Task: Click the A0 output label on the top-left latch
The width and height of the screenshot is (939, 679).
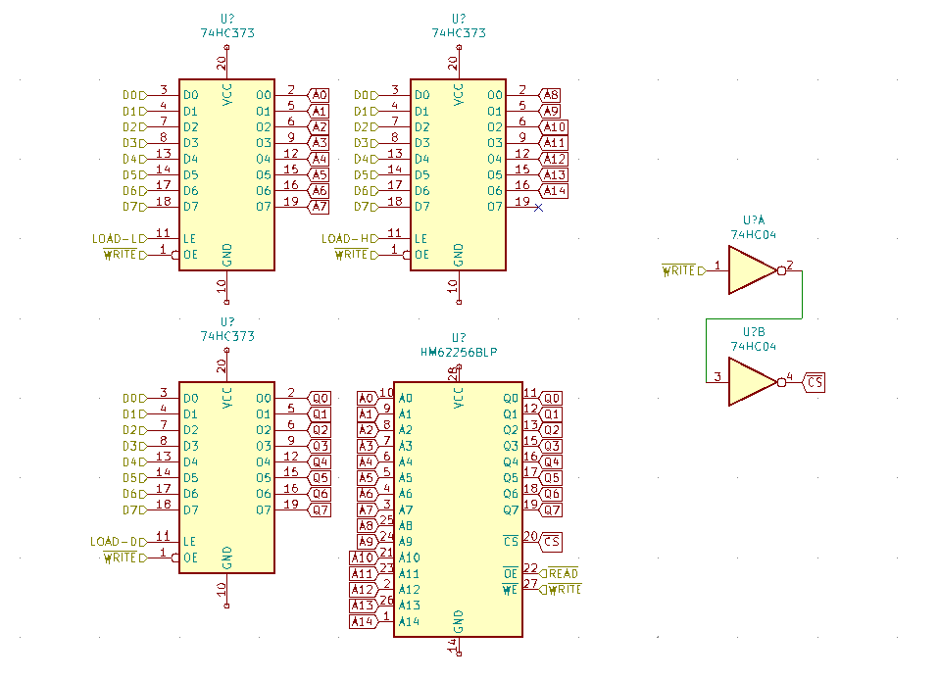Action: tap(320, 95)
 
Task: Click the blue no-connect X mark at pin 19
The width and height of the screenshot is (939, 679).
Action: tap(538, 207)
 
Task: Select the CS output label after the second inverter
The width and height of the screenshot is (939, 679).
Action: tap(815, 381)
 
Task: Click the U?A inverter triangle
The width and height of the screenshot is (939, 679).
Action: tap(753, 270)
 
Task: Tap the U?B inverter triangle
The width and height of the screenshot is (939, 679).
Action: tap(753, 381)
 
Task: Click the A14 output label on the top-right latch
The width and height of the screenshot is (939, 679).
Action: tap(554, 190)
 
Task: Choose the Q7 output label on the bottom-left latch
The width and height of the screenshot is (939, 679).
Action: tap(320, 509)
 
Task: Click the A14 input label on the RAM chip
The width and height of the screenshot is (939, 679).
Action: tap(363, 621)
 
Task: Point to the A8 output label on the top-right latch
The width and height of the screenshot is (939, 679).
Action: tap(551, 95)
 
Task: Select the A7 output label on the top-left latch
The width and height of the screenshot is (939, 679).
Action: tap(320, 207)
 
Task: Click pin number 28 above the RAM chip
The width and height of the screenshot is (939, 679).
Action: tap(452, 373)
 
